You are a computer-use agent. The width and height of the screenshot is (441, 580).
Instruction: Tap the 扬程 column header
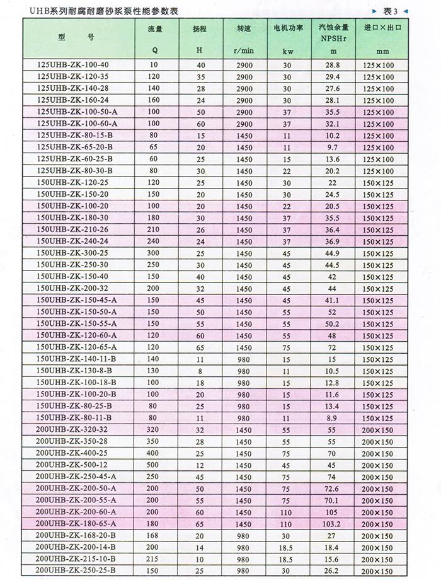(200, 29)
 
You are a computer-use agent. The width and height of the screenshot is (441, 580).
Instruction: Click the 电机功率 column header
(287, 29)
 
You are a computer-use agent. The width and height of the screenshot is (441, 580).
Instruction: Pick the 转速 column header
(244, 29)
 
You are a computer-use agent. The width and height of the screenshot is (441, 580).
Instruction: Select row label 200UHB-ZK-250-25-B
(77, 571)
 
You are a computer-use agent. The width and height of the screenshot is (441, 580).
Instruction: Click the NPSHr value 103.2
(333, 523)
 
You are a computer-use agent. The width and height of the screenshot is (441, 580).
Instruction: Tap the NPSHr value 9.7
(333, 147)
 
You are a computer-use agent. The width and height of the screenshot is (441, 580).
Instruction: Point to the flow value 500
(154, 465)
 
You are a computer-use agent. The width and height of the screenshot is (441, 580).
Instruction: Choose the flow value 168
(154, 535)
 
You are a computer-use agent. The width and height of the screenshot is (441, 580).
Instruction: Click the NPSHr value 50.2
(333, 323)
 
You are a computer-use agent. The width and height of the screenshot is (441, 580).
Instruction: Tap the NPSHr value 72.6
(333, 488)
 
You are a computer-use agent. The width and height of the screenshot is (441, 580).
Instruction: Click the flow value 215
(154, 559)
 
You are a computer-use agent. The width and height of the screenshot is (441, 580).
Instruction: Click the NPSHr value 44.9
(333, 253)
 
